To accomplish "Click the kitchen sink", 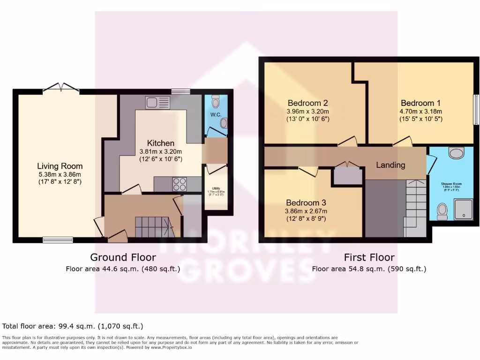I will [x=157, y=102].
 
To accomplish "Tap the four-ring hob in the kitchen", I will [x=180, y=184].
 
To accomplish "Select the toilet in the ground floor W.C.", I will [x=215, y=101].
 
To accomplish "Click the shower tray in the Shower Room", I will [x=463, y=209].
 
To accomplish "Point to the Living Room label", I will [x=60, y=166].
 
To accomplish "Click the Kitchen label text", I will [x=161, y=143].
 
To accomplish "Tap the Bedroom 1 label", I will [x=420, y=103].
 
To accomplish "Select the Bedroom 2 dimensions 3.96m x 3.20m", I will [x=308, y=112].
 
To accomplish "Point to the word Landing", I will [x=390, y=165].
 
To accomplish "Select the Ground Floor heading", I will [x=123, y=257].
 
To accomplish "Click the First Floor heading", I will [x=369, y=257].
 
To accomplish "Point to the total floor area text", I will [x=73, y=326].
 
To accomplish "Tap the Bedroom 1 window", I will [x=475, y=110].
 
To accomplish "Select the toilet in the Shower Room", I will [x=442, y=211].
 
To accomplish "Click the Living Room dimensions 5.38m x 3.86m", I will [x=60, y=174].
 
